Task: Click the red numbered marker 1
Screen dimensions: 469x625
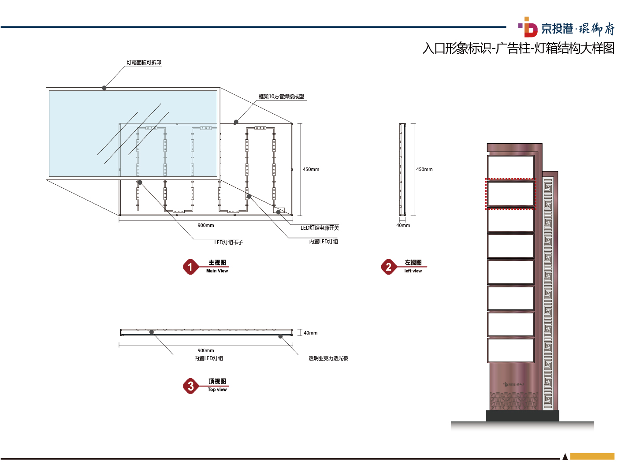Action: pos(190,267)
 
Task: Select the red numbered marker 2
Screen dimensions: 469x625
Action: pos(388,267)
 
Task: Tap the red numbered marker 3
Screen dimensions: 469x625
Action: pos(190,386)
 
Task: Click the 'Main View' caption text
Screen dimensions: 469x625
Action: pos(217,271)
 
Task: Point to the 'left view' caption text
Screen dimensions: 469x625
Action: pos(413,271)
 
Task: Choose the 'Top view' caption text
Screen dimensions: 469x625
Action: pos(217,390)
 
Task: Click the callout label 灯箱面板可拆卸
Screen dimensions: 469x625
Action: pos(144,63)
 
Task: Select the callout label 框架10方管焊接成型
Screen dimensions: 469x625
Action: pos(281,97)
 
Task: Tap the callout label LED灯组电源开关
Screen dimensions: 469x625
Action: pos(320,228)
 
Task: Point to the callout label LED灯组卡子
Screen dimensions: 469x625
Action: pos(228,242)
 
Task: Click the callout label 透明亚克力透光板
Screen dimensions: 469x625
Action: pos(328,358)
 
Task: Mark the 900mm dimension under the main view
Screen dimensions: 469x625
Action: pos(206,226)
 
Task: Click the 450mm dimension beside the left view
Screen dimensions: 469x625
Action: pos(424,170)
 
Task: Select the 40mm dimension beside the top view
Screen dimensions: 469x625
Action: pos(310,333)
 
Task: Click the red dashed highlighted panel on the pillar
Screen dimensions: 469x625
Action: pos(510,194)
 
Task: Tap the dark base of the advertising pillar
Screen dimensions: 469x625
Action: pos(522,416)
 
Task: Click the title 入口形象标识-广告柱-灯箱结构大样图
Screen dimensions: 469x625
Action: pos(518,48)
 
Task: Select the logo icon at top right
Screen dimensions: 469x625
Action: pos(528,27)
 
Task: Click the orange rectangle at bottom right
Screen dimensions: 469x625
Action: pos(592,457)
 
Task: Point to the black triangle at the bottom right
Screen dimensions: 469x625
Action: pos(565,457)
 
